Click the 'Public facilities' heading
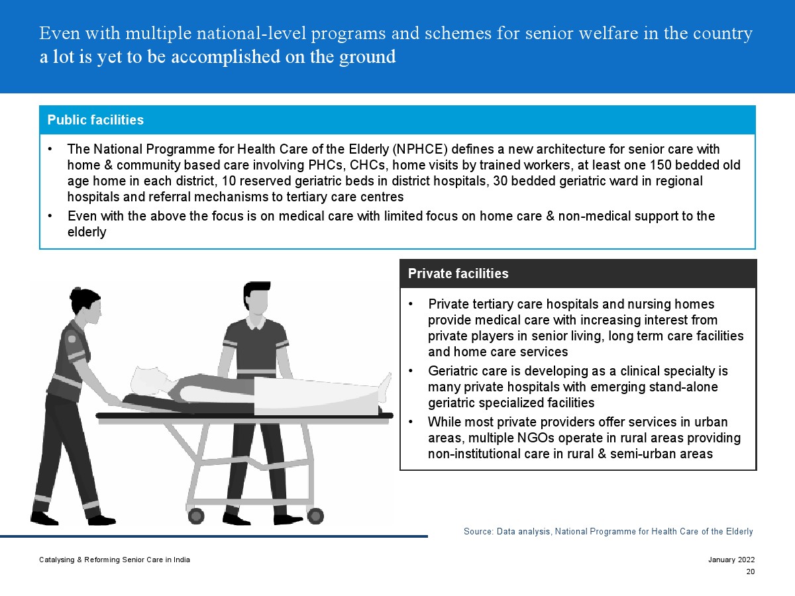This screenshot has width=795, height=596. click(95, 120)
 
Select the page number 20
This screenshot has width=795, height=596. click(751, 571)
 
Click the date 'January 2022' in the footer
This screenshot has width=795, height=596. click(731, 560)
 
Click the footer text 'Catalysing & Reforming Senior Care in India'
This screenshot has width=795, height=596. click(115, 560)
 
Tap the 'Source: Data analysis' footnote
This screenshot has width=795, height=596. click(507, 532)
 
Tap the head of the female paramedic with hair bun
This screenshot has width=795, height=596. click(85, 305)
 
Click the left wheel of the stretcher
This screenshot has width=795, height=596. click(196, 516)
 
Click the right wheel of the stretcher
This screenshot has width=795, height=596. click(315, 516)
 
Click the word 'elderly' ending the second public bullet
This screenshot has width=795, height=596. click(87, 232)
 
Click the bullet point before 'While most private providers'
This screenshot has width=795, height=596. click(411, 422)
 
